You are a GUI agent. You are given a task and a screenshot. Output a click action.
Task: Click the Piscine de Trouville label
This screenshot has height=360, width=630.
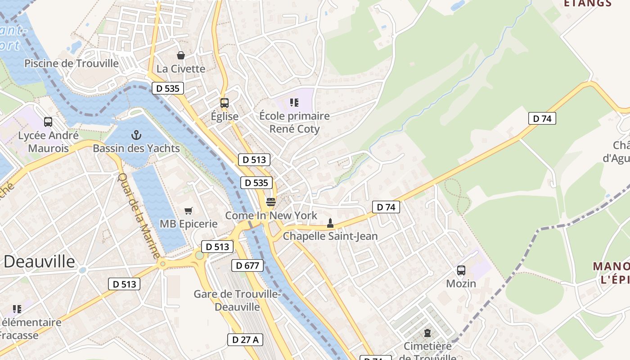pyautogui.click(x=72, y=63)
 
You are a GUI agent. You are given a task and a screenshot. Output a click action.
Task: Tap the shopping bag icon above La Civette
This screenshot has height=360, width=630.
pyautogui.click(x=180, y=55)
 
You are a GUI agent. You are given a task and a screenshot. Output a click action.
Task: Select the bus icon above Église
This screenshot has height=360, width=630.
pyautogui.click(x=225, y=103)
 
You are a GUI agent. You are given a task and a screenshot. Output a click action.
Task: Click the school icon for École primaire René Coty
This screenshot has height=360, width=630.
pyautogui.click(x=294, y=103)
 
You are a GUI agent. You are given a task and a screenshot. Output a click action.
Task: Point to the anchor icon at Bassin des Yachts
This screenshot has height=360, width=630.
pyautogui.click(x=136, y=135)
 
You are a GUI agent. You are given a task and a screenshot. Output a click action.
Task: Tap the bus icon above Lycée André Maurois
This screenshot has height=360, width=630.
pyautogui.click(x=48, y=122)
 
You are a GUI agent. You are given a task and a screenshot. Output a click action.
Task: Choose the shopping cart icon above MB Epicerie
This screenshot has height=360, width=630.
pyautogui.click(x=189, y=211)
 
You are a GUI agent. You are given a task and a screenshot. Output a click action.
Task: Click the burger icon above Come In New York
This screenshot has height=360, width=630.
pyautogui.click(x=270, y=202)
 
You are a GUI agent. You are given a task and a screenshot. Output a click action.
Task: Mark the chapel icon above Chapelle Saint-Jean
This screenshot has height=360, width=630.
pyautogui.click(x=330, y=223)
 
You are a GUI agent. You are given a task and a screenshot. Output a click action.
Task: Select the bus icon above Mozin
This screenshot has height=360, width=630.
pyautogui.click(x=461, y=270)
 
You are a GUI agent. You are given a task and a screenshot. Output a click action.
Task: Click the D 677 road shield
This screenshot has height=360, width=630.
pyautogui.click(x=247, y=265)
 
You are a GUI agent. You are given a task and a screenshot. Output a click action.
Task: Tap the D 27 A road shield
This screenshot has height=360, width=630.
pyautogui.click(x=245, y=340)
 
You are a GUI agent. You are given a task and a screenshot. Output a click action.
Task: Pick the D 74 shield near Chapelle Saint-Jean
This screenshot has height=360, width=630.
pyautogui.click(x=386, y=207)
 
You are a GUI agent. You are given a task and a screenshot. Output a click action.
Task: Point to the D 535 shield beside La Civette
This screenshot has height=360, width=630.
pyautogui.click(x=168, y=88)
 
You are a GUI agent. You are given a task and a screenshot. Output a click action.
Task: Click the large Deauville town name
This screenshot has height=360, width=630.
pyautogui.click(x=40, y=261)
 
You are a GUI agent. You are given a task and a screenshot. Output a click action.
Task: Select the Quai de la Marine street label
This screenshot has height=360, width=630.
pyautogui.click(x=139, y=215)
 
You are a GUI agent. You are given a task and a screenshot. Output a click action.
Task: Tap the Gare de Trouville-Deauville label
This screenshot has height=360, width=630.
pyautogui.click(x=237, y=300)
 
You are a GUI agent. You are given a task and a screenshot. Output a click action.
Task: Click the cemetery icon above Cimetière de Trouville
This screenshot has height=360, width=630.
pyautogui.click(x=427, y=333)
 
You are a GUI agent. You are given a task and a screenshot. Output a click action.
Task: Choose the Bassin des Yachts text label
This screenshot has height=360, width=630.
pyautogui.click(x=136, y=148)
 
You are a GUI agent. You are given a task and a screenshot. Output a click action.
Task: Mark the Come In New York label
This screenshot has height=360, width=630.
pyautogui.click(x=271, y=216)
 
